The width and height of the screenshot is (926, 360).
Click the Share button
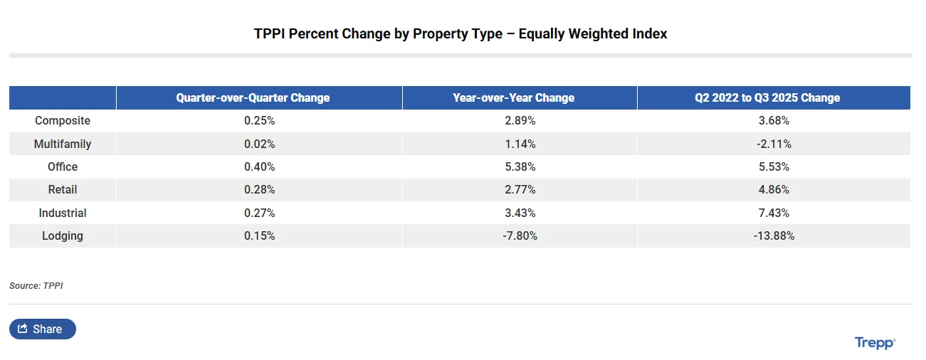(42, 329)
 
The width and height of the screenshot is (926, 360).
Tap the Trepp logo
(875, 343)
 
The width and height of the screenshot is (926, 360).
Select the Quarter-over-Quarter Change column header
(253, 97)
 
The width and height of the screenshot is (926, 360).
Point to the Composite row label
(63, 121)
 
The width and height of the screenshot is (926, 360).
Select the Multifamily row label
(63, 144)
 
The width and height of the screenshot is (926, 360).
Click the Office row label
(63, 166)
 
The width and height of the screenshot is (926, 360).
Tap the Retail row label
(63, 190)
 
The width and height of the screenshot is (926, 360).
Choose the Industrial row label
(63, 213)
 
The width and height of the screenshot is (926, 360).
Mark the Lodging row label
(63, 235)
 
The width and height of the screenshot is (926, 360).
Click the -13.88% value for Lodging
(774, 235)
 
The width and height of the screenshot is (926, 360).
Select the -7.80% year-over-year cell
(520, 235)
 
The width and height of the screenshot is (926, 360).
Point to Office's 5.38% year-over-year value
(520, 166)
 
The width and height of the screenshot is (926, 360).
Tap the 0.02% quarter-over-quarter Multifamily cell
(259, 144)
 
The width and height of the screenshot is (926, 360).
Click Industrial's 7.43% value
(774, 213)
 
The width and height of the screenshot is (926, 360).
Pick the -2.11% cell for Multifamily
(774, 144)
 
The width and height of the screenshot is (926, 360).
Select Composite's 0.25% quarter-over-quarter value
(259, 121)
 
